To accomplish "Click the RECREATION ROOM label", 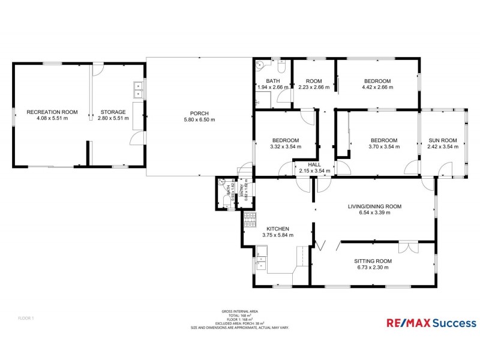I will coord(52,112).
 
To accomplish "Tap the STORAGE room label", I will coord(113,112).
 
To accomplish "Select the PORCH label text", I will coord(199,113).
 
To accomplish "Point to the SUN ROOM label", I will coord(442,140).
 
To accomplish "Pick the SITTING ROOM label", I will coord(373,261).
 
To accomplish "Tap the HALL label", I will coord(314,164).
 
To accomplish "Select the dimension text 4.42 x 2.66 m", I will coord(377,88).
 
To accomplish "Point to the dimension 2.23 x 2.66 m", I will coord(314,88).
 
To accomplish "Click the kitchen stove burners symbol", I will coord(250,217).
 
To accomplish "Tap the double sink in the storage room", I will coord(138,89).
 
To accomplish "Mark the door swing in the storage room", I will coord(137,138).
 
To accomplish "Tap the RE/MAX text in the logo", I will coord(401,323).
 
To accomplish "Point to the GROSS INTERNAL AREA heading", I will coord(240,311).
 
